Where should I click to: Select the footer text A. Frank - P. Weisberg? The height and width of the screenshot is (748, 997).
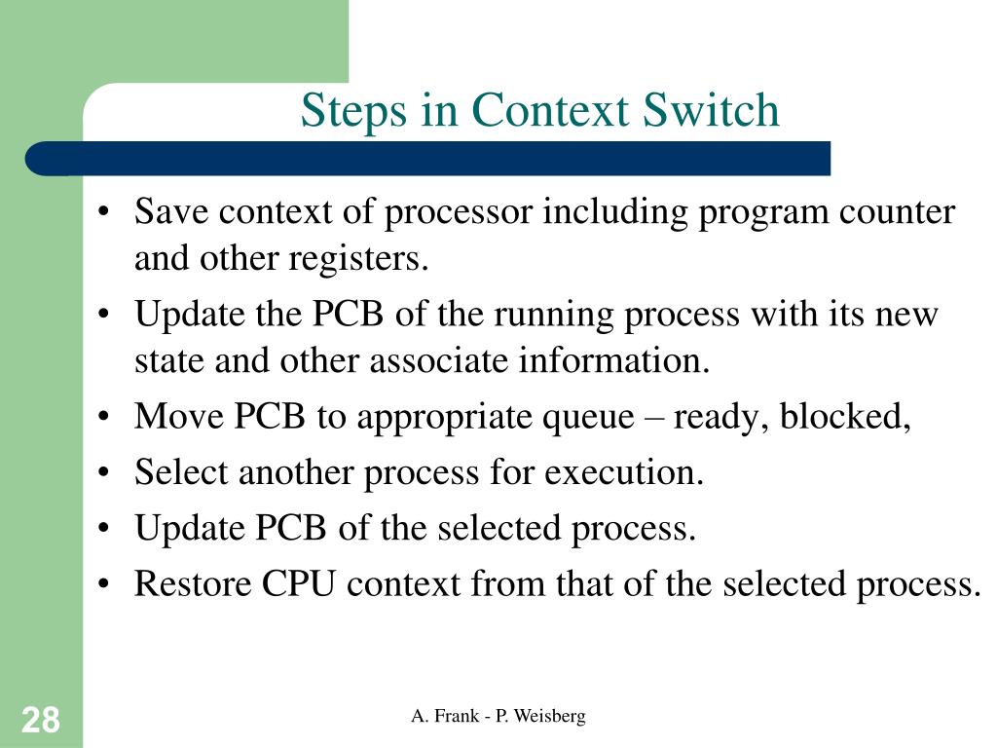498,717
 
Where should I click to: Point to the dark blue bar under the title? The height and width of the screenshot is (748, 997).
428,159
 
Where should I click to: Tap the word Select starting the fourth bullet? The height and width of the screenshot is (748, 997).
182,473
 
